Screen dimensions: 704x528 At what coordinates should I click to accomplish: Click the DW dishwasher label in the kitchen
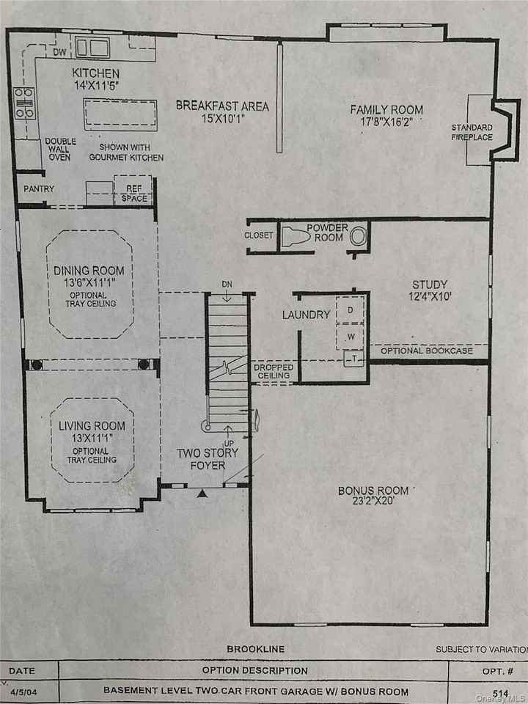(x=61, y=53)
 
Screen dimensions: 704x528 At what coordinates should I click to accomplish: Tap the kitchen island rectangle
(x=120, y=115)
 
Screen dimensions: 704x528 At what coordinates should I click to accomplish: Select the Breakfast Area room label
(x=221, y=106)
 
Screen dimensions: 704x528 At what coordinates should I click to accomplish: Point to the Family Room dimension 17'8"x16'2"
(x=386, y=123)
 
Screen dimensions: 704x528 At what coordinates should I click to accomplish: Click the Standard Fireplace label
(x=472, y=133)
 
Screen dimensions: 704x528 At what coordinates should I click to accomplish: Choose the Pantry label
(x=39, y=188)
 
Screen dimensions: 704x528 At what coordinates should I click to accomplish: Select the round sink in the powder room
(x=357, y=237)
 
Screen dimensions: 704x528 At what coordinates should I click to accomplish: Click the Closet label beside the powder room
(x=258, y=235)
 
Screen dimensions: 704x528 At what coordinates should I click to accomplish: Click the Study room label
(x=430, y=285)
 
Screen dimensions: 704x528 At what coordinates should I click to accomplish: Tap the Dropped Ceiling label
(x=274, y=372)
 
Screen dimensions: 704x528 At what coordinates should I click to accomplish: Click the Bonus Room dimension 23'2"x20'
(x=373, y=503)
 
